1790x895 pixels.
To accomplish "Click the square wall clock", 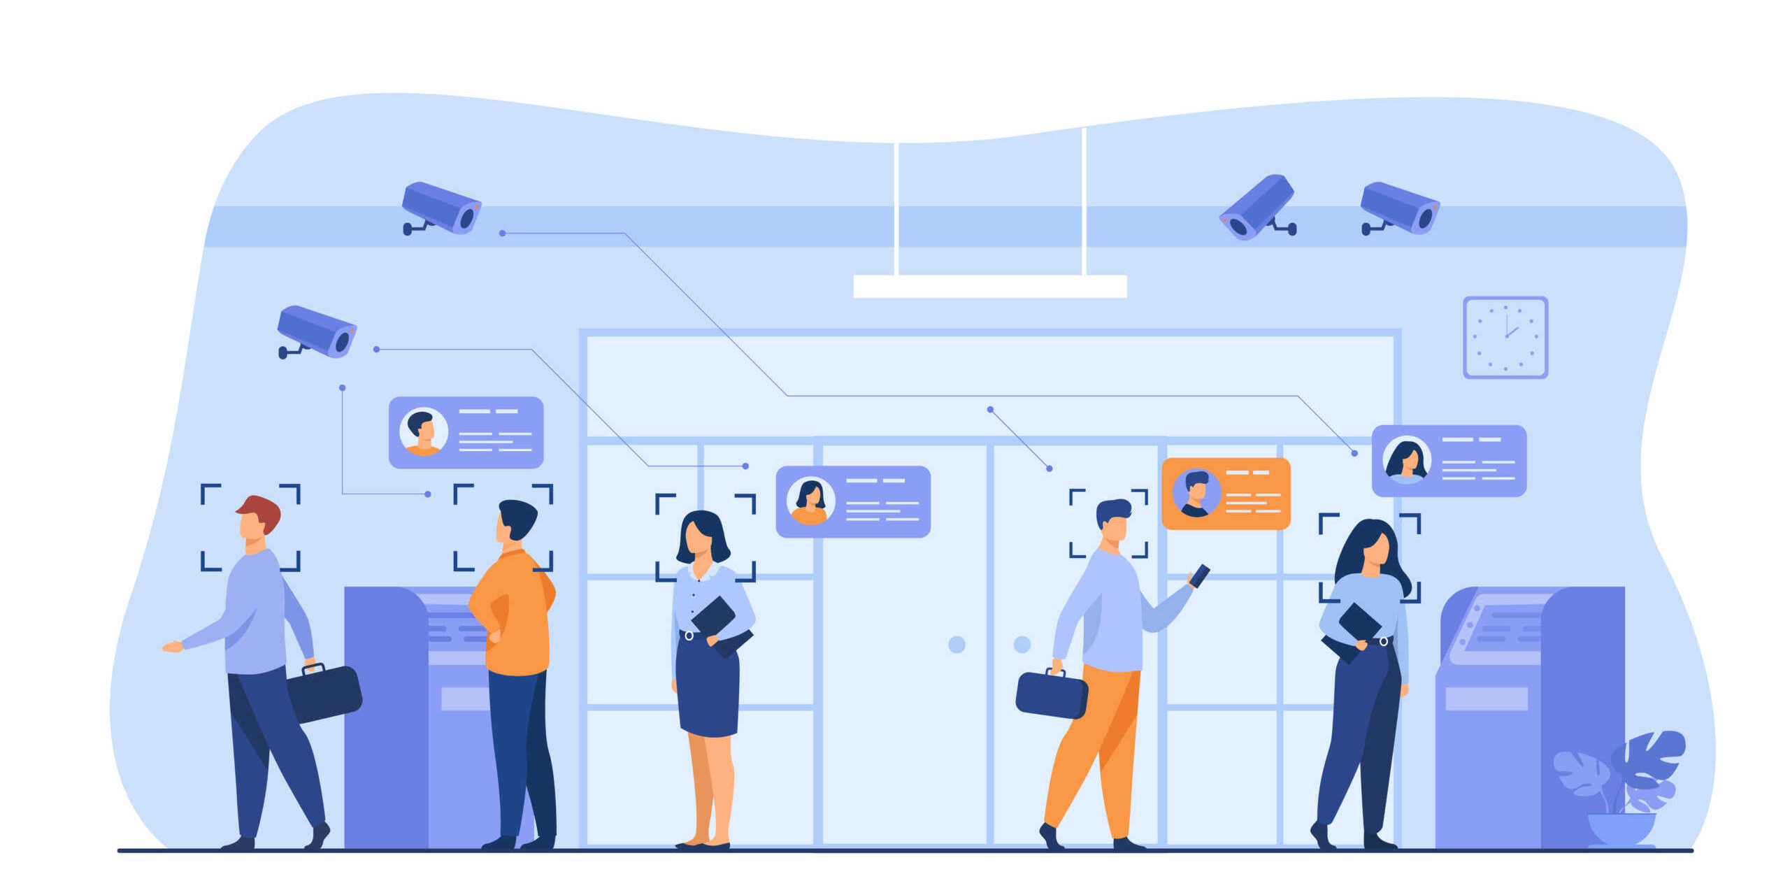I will (1505, 337).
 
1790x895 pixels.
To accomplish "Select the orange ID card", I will (1226, 493).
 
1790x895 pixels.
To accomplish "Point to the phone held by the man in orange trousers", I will (1199, 575).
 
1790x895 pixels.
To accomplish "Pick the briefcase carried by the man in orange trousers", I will (1051, 694).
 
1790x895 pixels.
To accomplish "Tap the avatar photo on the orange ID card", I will (1196, 492).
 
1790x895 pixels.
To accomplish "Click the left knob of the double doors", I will (957, 644).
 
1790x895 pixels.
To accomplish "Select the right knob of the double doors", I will (1022, 644).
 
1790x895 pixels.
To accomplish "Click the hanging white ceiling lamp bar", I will (989, 286).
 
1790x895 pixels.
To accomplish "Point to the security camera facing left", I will (1257, 207).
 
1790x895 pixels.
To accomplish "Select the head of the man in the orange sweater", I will (516, 520).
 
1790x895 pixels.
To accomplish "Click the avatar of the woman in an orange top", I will (810, 501).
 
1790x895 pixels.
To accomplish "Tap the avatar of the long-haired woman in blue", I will (1406, 459).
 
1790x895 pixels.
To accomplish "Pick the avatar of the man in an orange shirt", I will (423, 431).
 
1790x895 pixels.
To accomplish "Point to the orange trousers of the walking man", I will (1098, 748).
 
